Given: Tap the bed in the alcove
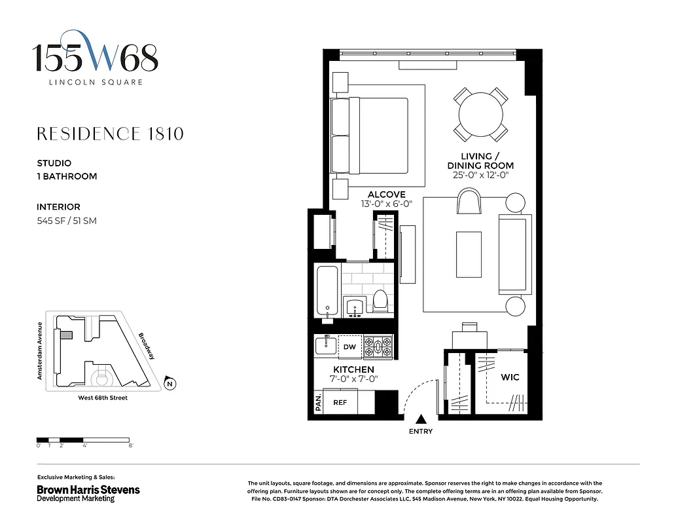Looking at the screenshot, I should (370, 136).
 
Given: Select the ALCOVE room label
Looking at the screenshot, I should (386, 195).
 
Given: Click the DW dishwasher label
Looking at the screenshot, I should (349, 347).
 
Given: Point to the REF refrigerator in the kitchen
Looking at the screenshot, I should (340, 403).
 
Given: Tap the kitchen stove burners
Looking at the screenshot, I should (378, 346).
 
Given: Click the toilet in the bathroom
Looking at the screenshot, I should (381, 301).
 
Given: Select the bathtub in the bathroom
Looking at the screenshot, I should (325, 291).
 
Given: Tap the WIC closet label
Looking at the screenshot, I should (510, 378).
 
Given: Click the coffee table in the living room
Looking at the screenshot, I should (469, 254).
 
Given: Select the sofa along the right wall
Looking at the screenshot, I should (514, 254).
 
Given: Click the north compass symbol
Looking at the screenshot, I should (170, 384).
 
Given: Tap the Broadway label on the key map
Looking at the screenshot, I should (147, 346).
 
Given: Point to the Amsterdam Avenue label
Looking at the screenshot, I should (40, 351).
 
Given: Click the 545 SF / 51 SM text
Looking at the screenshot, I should (67, 221).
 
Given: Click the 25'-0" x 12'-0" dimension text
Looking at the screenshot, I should (480, 176).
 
